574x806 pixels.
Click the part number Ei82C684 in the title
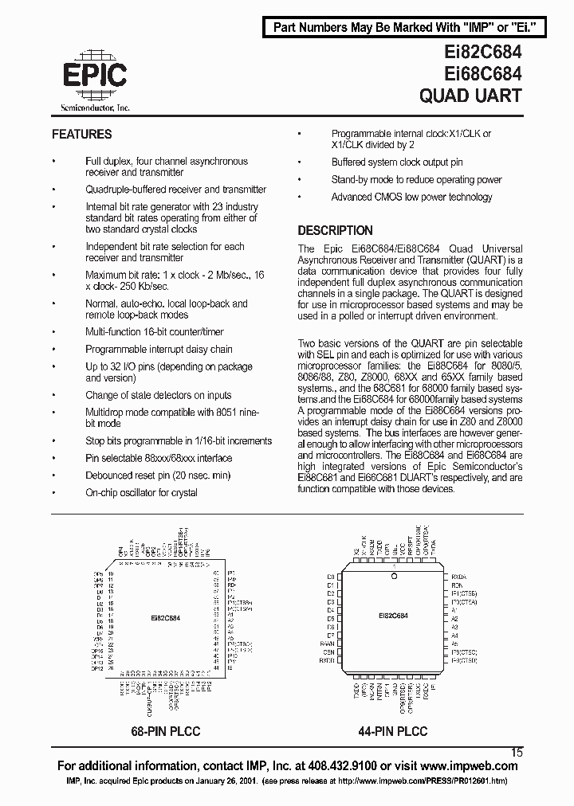click(470, 52)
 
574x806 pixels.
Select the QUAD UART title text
click(470, 96)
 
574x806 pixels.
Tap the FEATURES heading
click(82, 135)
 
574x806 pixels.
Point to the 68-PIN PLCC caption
click(165, 731)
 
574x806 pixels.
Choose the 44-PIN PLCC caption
click(392, 731)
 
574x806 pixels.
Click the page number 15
click(517, 751)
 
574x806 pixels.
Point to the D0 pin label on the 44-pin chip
click(330, 576)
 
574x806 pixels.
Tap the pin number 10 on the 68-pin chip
click(112, 573)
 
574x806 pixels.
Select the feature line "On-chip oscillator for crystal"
click(141, 493)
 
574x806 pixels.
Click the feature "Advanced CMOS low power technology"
click(411, 198)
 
